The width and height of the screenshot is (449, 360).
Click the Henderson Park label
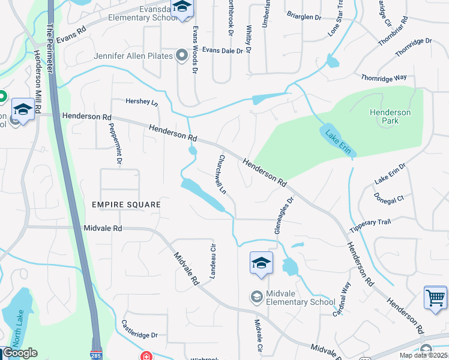pos(390,116)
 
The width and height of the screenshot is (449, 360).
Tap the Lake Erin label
pos(339,142)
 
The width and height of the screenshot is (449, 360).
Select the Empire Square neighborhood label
pos(126,205)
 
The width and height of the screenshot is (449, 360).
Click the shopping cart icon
pos(435,297)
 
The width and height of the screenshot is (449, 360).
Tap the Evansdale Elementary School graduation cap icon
pos(182,7)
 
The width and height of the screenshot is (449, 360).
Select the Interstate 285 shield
pos(97,355)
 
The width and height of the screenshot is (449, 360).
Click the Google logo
pos(19,353)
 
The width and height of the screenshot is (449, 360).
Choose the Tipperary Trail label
pos(370,224)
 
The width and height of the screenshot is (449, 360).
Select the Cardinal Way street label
pos(342,298)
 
